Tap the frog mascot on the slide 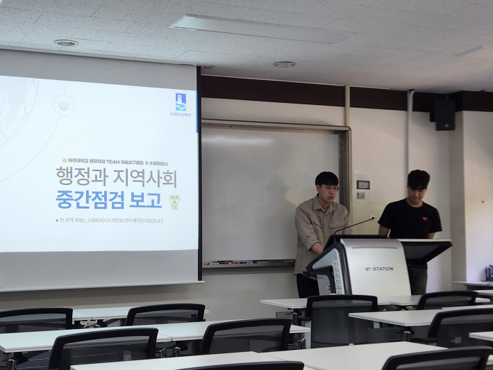click(x=174, y=201)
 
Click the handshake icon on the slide click(x=63, y=105)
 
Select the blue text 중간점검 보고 click(x=108, y=200)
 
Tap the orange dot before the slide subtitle click(x=65, y=161)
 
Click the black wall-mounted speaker click(x=444, y=114)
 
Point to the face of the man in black click(x=419, y=189)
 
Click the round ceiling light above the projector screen click(x=66, y=43)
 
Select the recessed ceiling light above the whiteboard click(x=284, y=64)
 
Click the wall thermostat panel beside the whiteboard click(x=363, y=184)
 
